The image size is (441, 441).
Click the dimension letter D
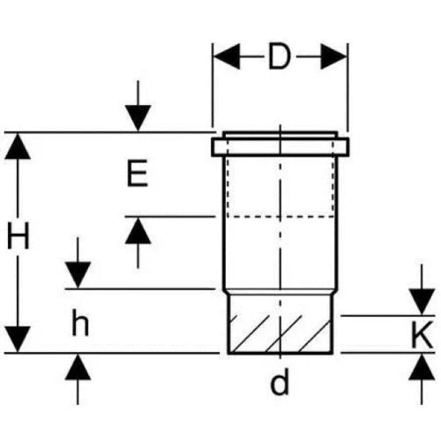(280, 56)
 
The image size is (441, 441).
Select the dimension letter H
(19, 235)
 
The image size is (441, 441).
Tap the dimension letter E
(138, 173)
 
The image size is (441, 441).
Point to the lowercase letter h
(80, 323)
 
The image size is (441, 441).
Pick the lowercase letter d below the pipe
(280, 381)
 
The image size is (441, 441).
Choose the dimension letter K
(422, 334)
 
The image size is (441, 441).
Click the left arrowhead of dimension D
(227, 56)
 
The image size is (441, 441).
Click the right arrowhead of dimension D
(333, 56)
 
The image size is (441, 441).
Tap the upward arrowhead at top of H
(18, 146)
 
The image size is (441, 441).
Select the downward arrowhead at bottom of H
(18, 340)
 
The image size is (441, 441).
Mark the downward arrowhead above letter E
(138, 118)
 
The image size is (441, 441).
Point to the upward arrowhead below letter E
(138, 231)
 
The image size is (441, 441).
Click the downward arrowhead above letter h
(78, 275)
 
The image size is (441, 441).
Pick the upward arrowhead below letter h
(78, 367)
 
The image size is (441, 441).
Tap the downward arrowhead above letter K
(422, 302)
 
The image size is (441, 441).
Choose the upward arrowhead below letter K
(422, 367)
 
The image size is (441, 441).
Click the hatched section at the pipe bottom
(280, 333)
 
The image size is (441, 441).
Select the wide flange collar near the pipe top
(280, 146)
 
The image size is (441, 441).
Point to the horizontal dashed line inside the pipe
(280, 217)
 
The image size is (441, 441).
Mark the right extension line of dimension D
(348, 87)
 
